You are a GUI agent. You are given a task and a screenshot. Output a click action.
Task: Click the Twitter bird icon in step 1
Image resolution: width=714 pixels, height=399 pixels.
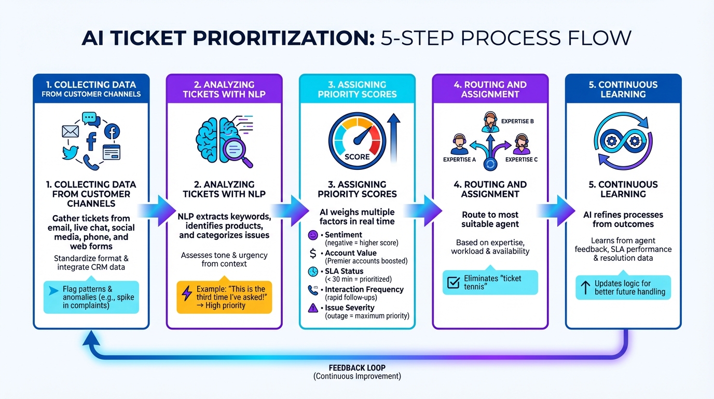click(x=69, y=152)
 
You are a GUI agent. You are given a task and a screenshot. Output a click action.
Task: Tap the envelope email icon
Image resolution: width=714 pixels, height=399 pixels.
click(x=70, y=132)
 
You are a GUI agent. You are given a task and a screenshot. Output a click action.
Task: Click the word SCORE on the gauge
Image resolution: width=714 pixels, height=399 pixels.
click(x=357, y=156)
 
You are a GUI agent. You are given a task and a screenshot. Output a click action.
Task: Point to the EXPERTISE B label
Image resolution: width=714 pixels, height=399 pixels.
click(x=517, y=121)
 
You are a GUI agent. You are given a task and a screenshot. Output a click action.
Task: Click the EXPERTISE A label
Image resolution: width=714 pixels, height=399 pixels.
click(x=459, y=159)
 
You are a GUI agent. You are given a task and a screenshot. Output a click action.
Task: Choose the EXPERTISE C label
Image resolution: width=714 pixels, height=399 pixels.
click(x=521, y=159)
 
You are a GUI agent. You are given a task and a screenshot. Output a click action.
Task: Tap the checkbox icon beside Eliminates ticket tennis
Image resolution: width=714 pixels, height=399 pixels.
click(x=453, y=283)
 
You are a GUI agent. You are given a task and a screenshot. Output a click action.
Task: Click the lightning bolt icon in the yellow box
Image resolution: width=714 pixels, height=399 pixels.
click(x=187, y=293)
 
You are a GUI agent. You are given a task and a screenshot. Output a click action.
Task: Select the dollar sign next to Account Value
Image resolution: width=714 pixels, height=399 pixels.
click(x=313, y=254)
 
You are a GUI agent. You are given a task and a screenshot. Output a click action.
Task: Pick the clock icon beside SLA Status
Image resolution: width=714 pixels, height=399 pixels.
click(x=313, y=272)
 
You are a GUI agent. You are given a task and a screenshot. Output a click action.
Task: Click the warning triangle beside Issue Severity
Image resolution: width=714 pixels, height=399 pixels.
click(x=313, y=308)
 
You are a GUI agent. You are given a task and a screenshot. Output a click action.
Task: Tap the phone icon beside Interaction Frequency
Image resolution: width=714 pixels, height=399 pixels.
click(x=313, y=290)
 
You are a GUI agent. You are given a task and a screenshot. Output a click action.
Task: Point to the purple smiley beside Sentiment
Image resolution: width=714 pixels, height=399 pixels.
click(x=313, y=235)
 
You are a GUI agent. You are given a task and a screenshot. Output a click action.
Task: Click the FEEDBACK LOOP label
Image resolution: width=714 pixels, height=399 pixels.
click(x=357, y=368)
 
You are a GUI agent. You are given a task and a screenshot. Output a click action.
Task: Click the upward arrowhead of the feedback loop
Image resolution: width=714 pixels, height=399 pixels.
click(x=91, y=339)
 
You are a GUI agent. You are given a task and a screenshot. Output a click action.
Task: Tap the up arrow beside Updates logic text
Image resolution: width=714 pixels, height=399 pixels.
click(x=585, y=287)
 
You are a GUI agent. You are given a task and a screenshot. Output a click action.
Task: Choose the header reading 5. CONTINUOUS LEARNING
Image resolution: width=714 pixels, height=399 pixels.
click(x=623, y=89)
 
